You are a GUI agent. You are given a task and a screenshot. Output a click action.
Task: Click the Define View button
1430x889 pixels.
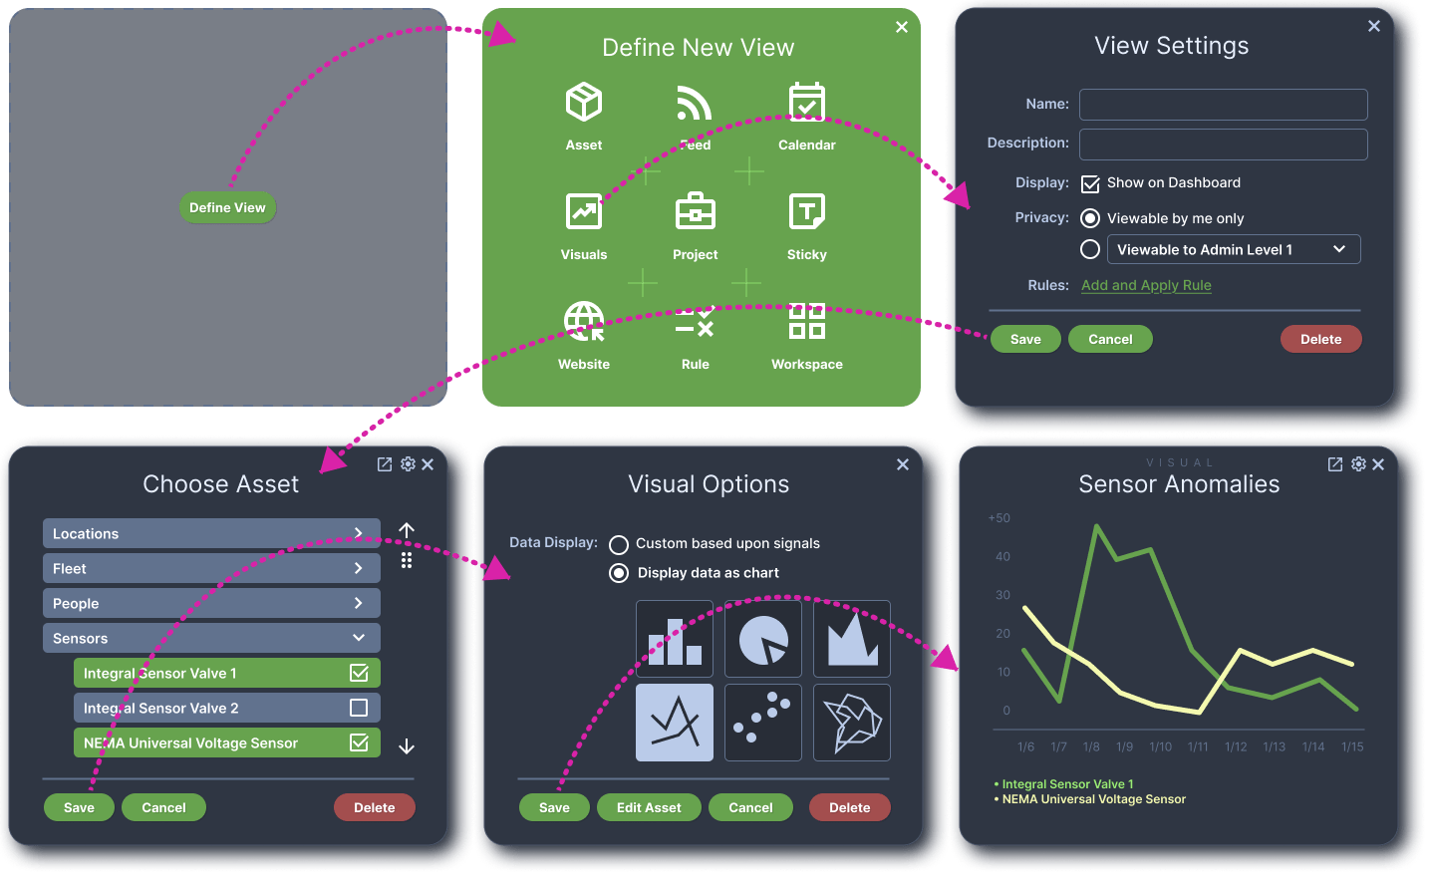[227, 207]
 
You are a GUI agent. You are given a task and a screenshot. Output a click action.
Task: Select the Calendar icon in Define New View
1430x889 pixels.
[806, 103]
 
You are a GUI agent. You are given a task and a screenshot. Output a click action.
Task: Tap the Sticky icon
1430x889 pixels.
[806, 212]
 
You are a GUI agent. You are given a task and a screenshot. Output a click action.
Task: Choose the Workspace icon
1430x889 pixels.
[806, 322]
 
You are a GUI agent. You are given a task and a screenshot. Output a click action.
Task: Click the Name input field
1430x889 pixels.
[1223, 105]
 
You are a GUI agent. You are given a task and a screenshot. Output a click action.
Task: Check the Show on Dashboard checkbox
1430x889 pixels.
[1090, 184]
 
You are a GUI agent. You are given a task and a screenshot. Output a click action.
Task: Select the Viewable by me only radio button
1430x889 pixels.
[1090, 218]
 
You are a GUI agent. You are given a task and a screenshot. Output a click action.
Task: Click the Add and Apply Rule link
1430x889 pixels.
[1146, 285]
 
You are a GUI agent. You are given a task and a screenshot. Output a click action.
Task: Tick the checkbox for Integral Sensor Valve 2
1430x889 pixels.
[359, 708]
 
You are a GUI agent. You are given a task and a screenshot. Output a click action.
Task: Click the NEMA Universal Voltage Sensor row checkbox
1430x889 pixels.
[359, 742]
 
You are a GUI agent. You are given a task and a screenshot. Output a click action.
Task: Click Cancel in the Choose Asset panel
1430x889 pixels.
[163, 807]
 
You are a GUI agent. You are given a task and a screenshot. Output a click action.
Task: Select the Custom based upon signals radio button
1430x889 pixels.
[619, 544]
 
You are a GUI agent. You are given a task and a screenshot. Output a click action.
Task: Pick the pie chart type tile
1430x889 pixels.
[763, 639]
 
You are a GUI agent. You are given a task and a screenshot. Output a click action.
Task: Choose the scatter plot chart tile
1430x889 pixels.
[763, 723]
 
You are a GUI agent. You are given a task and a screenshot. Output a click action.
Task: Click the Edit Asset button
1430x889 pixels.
[649, 807]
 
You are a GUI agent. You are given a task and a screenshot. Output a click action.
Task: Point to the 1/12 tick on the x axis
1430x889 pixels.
[1236, 746]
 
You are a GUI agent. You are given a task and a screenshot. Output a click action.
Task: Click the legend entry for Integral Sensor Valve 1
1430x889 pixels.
[1067, 784]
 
